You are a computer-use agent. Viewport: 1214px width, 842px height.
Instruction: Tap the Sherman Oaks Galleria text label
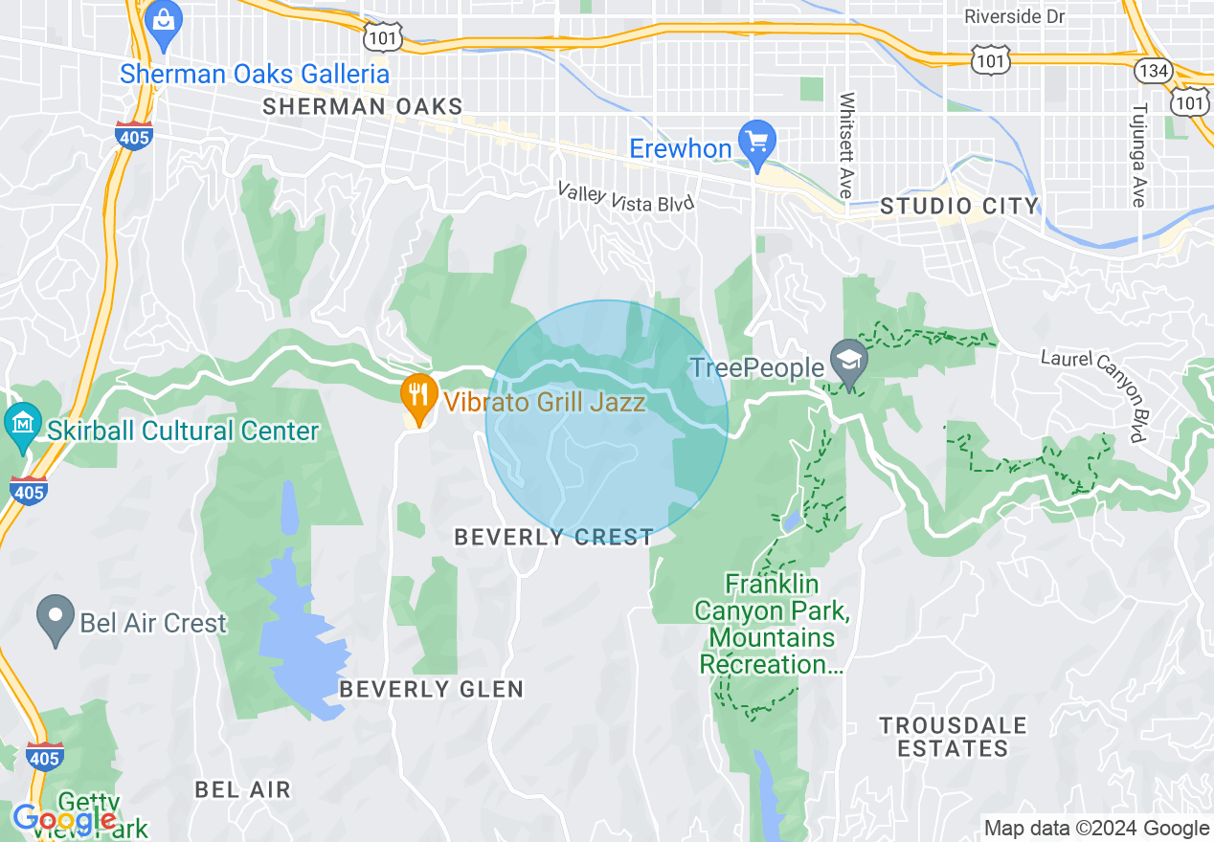coord(255,74)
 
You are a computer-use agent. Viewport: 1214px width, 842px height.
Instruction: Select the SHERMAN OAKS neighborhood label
coord(362,106)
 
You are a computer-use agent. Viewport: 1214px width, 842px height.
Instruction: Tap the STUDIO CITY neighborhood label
coord(958,206)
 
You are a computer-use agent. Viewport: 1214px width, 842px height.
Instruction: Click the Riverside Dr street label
coord(1015,17)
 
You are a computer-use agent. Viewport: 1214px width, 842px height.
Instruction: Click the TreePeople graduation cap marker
coord(849,360)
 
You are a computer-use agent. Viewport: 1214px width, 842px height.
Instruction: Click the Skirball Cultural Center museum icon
coord(21,421)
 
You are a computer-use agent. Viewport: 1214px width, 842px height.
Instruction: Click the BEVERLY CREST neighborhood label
coord(553,538)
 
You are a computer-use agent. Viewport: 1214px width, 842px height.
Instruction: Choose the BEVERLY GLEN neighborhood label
coord(432,689)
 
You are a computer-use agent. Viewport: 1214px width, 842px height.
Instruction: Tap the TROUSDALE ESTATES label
coord(954,737)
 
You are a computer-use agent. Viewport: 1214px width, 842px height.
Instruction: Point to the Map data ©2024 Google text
coord(1096,829)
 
